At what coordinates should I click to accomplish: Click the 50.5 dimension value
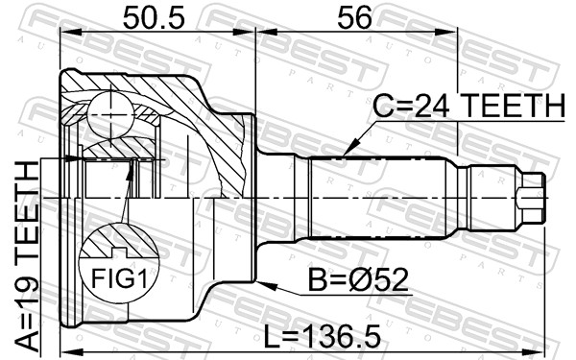coord(154,18)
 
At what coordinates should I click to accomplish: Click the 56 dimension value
coord(354,18)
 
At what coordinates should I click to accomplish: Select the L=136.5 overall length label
coord(323,337)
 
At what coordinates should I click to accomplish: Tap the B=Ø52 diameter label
coord(358,280)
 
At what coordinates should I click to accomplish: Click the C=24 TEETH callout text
coord(468,106)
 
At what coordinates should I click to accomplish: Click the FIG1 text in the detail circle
coord(119,278)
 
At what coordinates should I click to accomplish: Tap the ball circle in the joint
coord(110,115)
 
